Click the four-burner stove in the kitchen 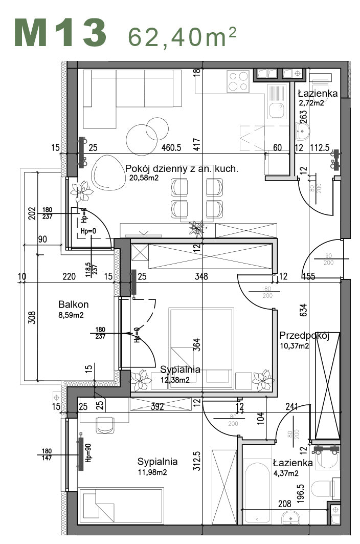pos(238,81)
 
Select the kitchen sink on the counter pos(276,108)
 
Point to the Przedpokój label pos(303,336)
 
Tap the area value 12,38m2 pos(175,380)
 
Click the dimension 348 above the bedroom pos(201,277)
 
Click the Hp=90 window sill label pos(88,452)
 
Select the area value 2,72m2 pos(311,103)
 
